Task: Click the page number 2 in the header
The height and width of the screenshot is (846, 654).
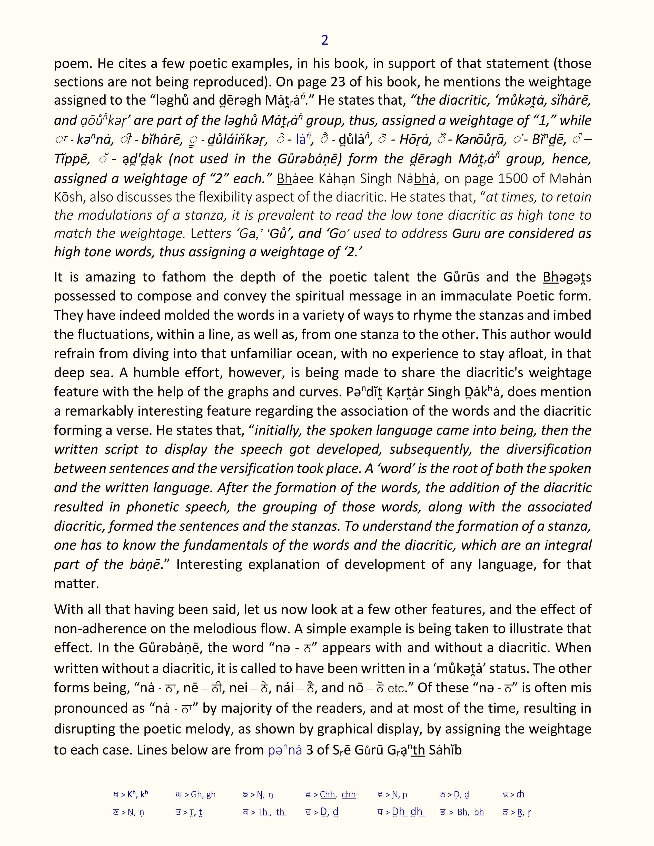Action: tap(325, 40)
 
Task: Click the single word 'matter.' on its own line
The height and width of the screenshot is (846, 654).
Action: tap(76, 583)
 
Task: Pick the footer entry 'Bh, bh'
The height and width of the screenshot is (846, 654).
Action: tap(471, 812)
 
